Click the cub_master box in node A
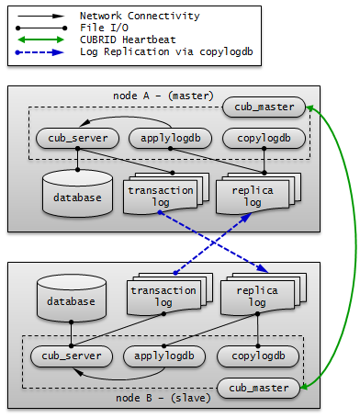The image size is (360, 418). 264,107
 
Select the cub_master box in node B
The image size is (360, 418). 258,388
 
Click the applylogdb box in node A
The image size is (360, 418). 171,139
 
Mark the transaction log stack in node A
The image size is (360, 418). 162,196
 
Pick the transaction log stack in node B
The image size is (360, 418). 165,296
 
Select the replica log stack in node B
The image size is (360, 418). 257,296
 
